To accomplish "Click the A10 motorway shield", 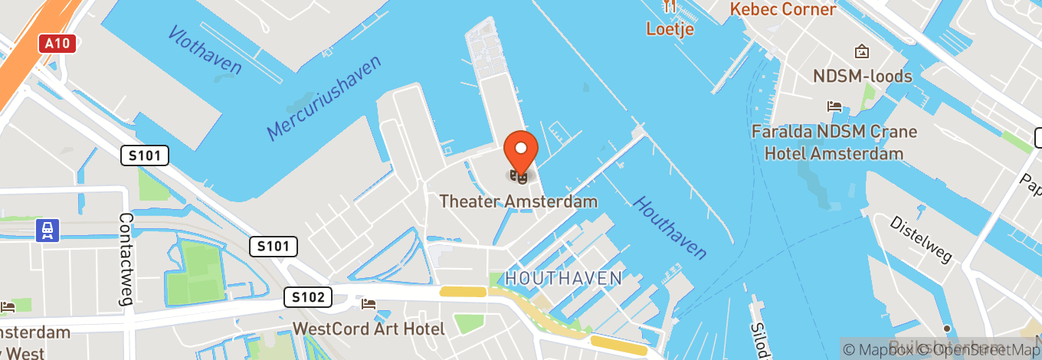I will click(x=58, y=44).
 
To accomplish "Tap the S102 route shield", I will click(x=308, y=297).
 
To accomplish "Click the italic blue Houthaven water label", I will click(x=669, y=227).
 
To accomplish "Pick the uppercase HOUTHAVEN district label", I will click(x=563, y=278).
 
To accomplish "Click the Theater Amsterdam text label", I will click(x=519, y=201).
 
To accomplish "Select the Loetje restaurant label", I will click(x=670, y=30).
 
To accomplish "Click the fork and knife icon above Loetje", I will click(x=670, y=8).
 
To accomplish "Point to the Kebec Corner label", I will click(x=782, y=10).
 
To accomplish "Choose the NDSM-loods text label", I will click(x=863, y=76).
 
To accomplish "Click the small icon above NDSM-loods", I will click(x=862, y=52).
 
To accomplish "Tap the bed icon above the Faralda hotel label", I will click(x=834, y=106).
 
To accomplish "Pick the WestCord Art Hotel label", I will click(x=369, y=329).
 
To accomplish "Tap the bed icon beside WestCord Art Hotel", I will click(x=369, y=305).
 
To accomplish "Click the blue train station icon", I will click(x=48, y=230).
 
